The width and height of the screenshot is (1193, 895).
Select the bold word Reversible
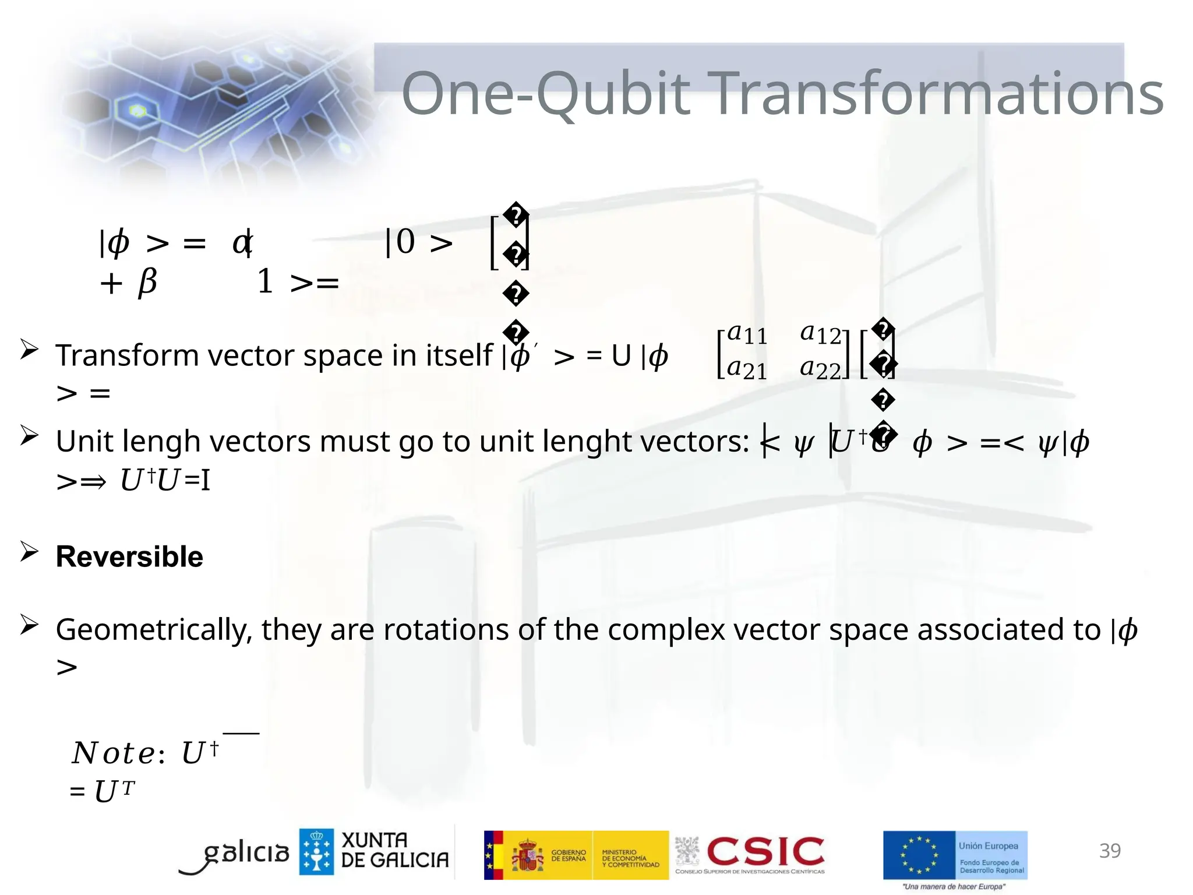129,557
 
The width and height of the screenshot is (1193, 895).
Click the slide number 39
1109,851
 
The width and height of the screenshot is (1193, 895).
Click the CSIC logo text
765,852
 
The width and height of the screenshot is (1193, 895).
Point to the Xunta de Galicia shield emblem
316,852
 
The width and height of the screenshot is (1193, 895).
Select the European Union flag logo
919,855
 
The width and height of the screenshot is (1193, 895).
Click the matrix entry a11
747,334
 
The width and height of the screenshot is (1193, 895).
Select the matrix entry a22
820,369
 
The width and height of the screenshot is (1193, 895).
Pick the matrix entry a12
820,334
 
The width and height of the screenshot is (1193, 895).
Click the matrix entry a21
747,369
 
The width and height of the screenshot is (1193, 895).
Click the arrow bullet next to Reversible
29,551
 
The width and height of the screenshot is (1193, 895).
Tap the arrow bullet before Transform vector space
29,350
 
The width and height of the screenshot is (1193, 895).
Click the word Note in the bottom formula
114,753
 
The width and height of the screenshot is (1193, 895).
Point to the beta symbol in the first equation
147,283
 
